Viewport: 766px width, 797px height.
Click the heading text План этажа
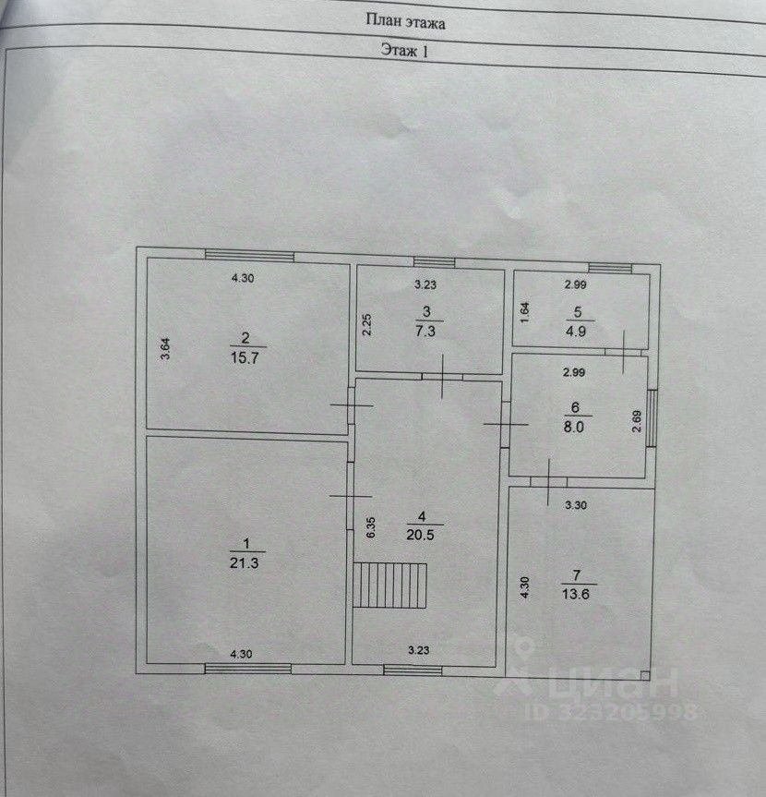[x=405, y=22]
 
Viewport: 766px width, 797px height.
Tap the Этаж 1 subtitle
[x=405, y=50]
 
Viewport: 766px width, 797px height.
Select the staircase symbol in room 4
[x=390, y=585]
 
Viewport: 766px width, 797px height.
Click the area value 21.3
[x=245, y=562]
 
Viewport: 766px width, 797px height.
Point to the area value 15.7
[x=245, y=357]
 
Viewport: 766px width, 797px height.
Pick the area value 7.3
[x=425, y=331]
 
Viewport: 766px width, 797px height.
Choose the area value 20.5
[x=420, y=535]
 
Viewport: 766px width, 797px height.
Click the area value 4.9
[x=576, y=332]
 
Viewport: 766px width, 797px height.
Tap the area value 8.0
[x=573, y=427]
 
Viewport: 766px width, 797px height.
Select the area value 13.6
[x=576, y=593]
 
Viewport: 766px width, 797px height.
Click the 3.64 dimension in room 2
[x=165, y=349]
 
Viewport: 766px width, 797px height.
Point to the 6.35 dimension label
[x=370, y=527]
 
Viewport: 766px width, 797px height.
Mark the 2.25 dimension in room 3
[x=366, y=325]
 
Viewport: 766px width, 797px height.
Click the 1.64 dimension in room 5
[x=525, y=312]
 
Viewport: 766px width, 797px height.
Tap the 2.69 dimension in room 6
[x=637, y=421]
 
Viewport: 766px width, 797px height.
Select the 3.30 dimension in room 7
[x=576, y=505]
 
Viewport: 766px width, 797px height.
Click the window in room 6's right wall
[x=652, y=418]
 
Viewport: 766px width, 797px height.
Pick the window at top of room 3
[x=434, y=262]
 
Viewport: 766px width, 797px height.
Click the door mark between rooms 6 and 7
[x=548, y=482]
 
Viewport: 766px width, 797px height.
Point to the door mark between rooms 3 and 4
[x=442, y=377]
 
